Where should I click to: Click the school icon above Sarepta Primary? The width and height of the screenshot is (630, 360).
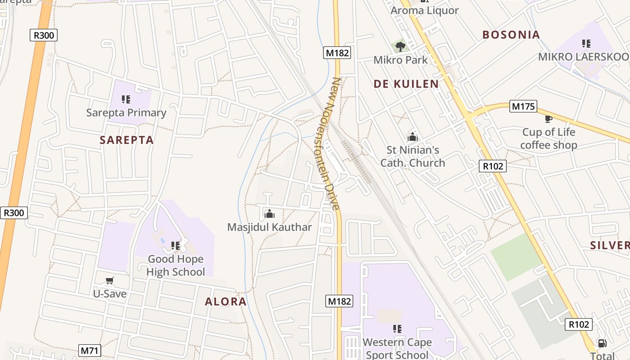(x=126, y=99)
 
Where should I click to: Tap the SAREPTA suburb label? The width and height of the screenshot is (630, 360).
(x=127, y=140)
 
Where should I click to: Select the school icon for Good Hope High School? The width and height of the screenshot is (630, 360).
(x=175, y=246)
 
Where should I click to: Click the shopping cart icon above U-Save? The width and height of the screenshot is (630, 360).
(x=109, y=281)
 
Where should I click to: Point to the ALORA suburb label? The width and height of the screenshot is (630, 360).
(x=225, y=301)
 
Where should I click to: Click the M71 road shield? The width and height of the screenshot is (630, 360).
(x=90, y=351)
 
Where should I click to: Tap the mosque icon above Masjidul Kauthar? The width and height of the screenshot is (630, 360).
(x=270, y=214)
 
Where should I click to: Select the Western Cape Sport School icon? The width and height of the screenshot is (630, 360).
(x=397, y=329)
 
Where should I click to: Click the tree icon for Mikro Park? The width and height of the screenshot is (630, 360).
(x=400, y=46)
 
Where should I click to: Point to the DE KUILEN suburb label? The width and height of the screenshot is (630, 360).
(x=406, y=84)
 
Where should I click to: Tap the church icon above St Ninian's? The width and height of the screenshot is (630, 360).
(x=413, y=137)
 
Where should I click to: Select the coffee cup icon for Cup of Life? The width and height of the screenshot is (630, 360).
(x=548, y=119)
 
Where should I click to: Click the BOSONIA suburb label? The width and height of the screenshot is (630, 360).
(x=511, y=35)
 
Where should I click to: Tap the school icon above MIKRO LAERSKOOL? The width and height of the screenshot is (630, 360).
(x=586, y=44)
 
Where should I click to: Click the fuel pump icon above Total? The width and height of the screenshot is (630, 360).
(x=602, y=343)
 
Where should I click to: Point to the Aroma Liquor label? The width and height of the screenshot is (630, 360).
(x=424, y=10)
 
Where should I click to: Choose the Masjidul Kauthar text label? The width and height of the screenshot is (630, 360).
(x=270, y=227)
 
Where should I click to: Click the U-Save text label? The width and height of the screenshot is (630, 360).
(x=109, y=294)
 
